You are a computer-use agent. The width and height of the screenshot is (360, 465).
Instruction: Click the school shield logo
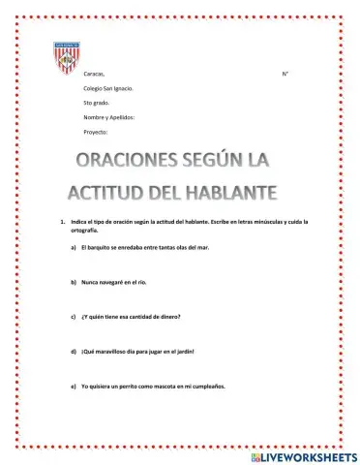(x=67, y=60)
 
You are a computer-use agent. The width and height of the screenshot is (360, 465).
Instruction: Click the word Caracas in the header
(x=95, y=74)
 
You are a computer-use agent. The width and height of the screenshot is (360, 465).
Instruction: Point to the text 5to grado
(x=98, y=102)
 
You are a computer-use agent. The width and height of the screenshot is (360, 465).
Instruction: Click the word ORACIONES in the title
(x=132, y=159)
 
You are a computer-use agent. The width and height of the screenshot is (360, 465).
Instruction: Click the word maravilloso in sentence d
(x=115, y=351)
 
